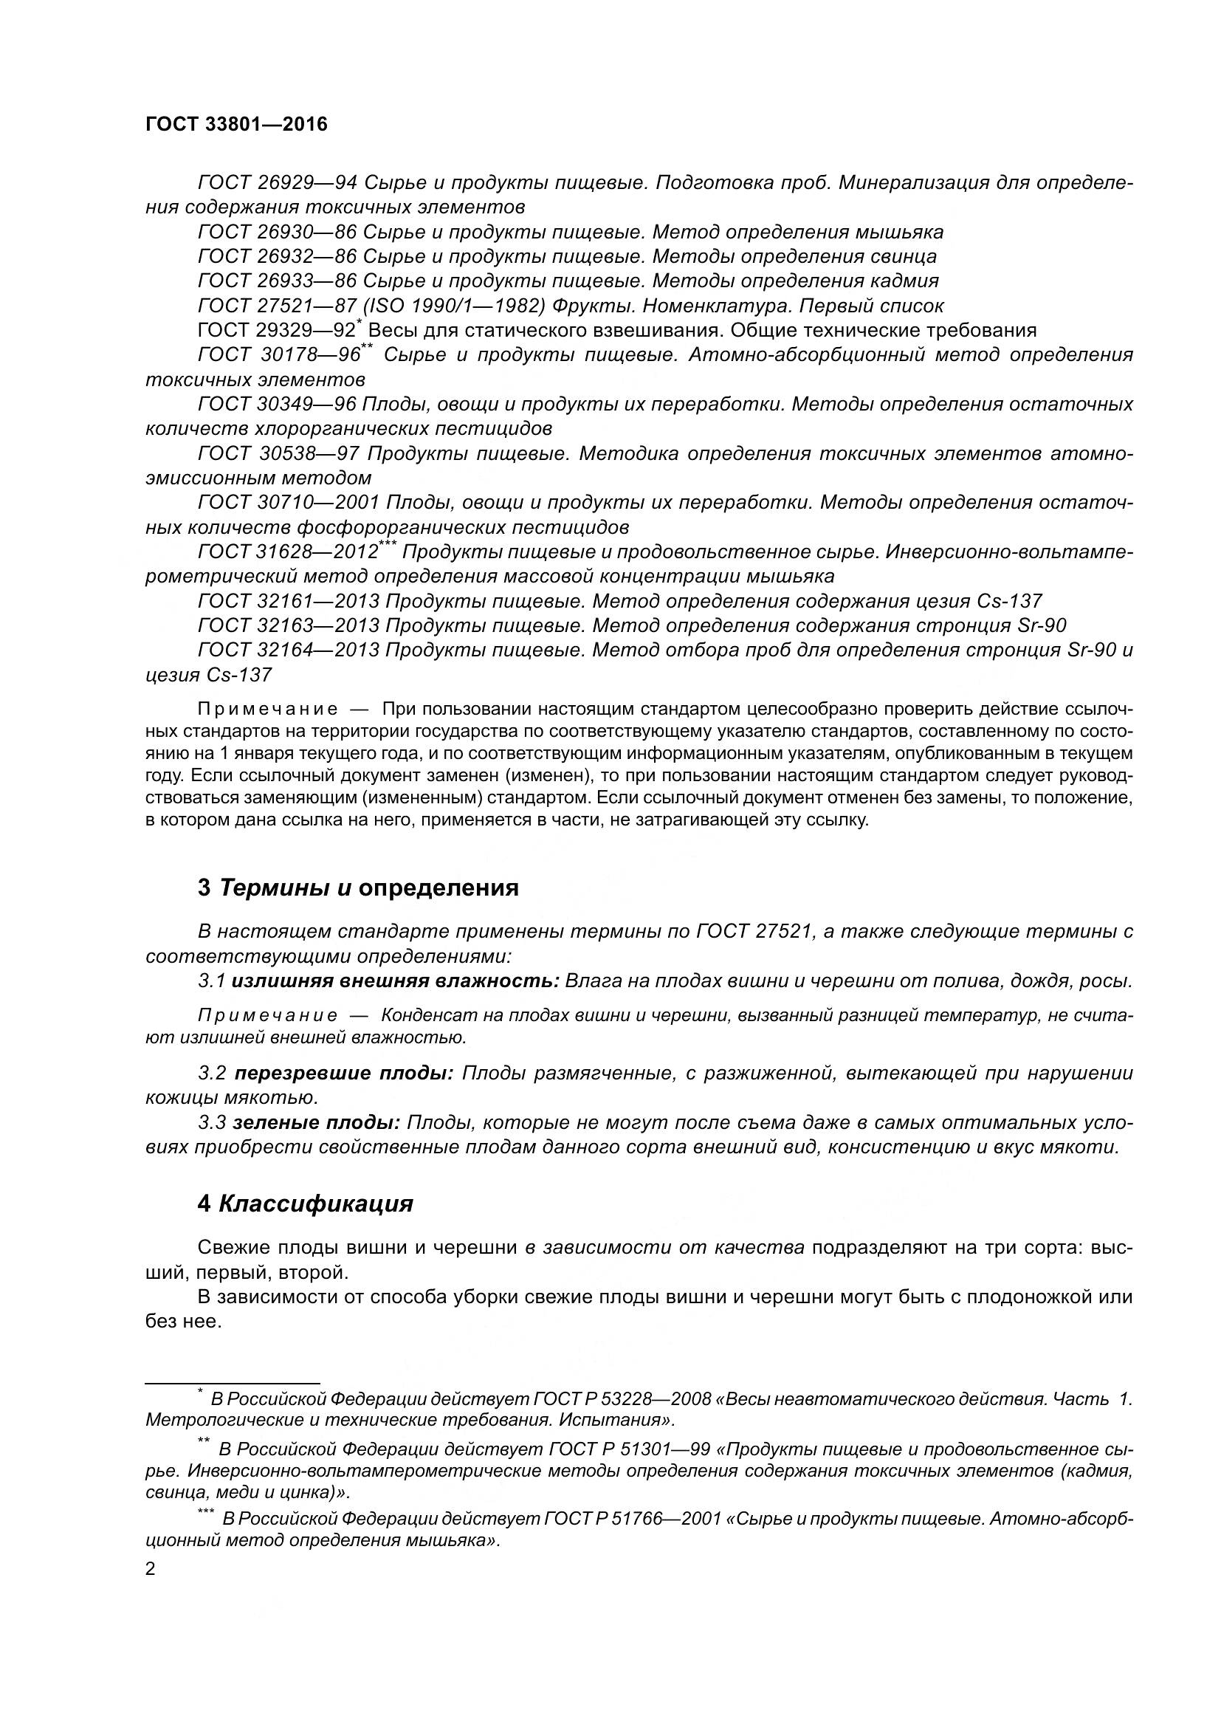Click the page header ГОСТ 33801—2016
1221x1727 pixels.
[237, 125]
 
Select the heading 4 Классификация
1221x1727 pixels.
[306, 1204]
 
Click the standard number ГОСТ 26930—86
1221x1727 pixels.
[277, 233]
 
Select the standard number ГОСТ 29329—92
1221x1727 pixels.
[276, 331]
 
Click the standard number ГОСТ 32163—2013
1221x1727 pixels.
[289, 626]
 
